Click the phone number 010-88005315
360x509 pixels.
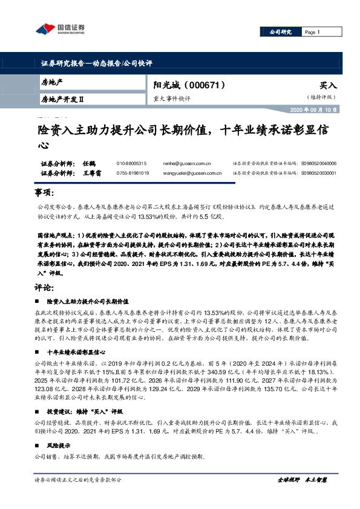(132, 163)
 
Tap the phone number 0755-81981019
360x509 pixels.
(133, 173)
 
